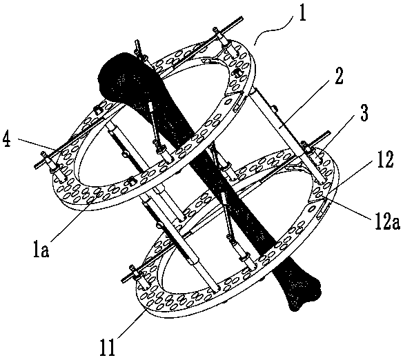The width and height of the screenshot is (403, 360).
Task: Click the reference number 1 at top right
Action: [302, 15]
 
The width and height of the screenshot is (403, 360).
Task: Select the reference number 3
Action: [364, 112]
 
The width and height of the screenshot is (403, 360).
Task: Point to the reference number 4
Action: [7, 139]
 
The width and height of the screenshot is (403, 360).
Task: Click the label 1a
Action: [41, 248]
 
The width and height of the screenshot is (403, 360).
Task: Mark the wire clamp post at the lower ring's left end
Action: [138, 277]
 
